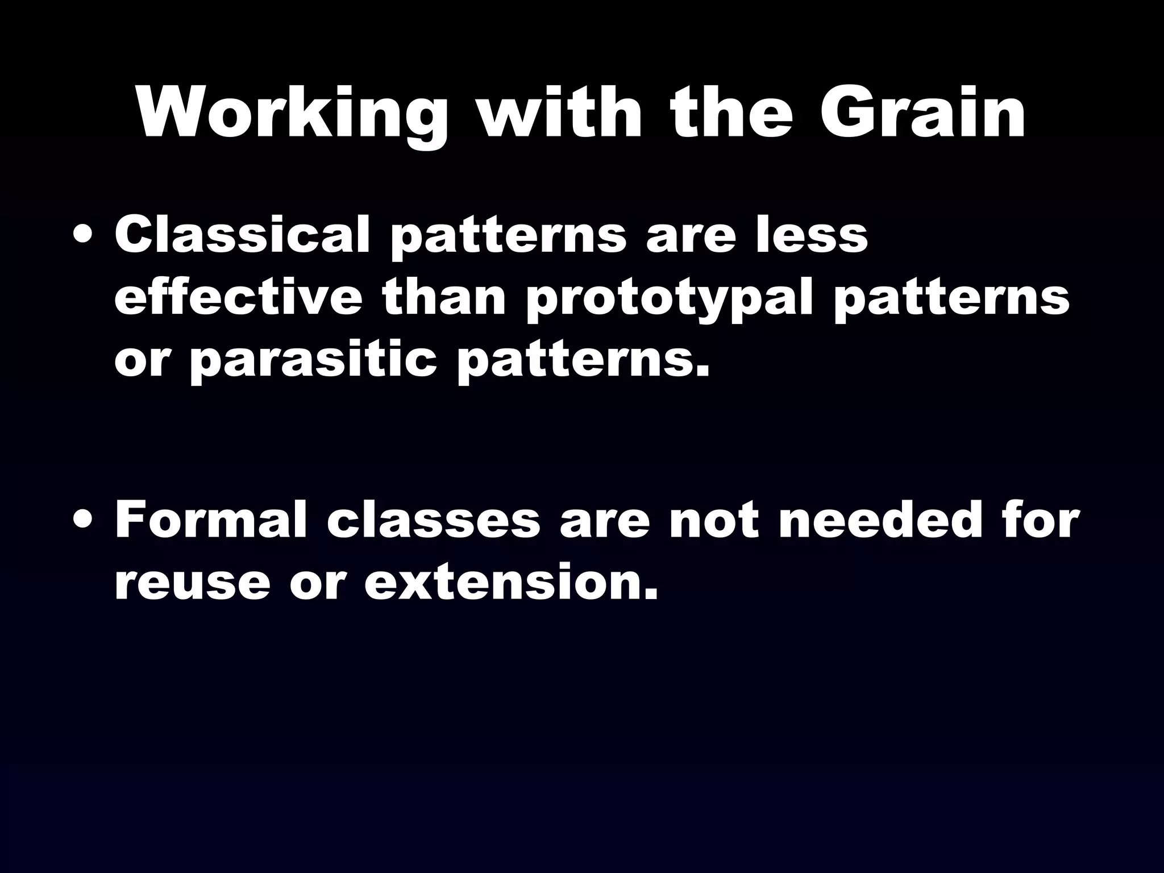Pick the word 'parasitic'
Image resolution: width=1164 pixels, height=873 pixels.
tap(313, 363)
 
